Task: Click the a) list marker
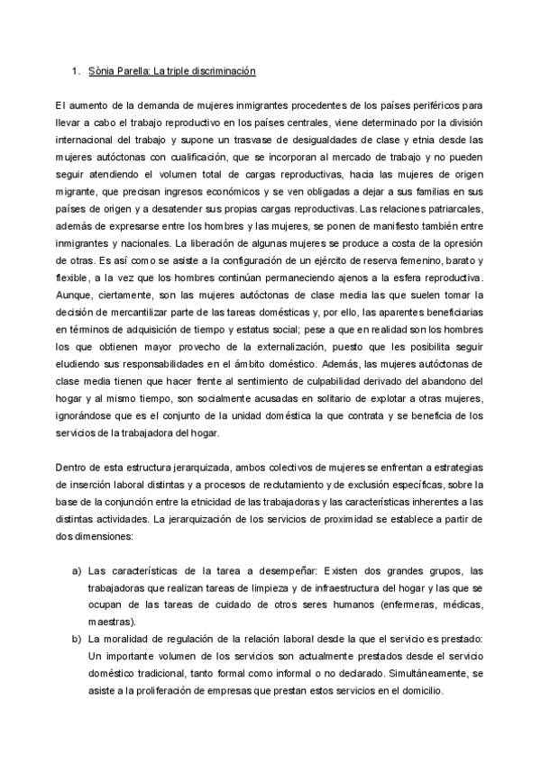[x=78, y=570]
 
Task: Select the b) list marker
[x=78, y=639]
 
